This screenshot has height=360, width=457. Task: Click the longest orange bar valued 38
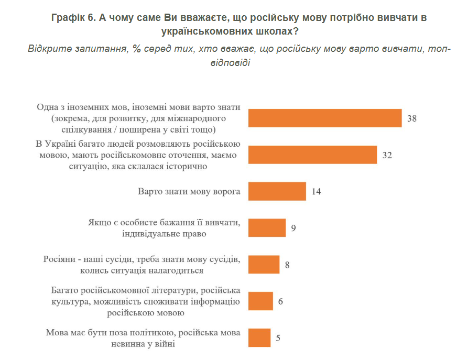(325, 118)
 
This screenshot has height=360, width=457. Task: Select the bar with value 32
(313, 155)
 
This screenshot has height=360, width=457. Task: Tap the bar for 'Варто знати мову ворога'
(277, 191)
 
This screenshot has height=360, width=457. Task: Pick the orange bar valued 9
(267, 228)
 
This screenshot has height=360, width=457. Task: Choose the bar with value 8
(264, 265)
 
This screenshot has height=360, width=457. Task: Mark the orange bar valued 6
(260, 301)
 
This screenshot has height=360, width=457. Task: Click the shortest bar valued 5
(259, 337)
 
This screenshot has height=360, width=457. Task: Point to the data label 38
(412, 118)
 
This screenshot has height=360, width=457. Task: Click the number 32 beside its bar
(387, 155)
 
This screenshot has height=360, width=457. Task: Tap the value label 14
(316, 192)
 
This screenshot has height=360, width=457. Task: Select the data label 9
(294, 228)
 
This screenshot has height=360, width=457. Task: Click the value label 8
(287, 265)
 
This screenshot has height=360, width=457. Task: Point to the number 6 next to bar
(281, 302)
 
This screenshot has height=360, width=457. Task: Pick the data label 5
(278, 338)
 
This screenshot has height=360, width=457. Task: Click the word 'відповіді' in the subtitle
(229, 63)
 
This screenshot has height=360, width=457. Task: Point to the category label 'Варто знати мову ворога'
(189, 191)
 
